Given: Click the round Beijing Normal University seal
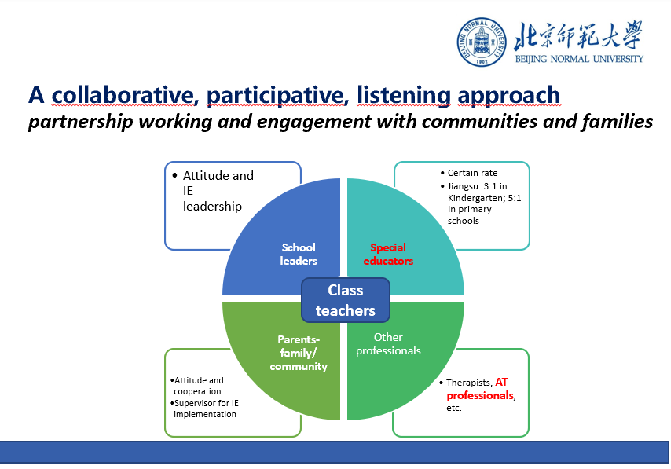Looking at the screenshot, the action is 482,42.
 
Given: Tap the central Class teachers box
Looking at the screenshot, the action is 346,300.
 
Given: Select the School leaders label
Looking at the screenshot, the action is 299,255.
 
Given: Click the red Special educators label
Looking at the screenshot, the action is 388,255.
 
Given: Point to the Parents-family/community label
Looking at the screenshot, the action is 299,353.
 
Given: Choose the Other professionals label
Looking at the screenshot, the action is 388,343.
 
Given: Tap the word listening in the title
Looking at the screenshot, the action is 404,96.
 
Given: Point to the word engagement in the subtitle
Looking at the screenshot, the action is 314,122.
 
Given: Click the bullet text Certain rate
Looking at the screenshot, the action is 472,173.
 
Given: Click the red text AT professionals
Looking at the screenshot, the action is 480,389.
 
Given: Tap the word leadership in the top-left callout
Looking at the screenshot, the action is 212,207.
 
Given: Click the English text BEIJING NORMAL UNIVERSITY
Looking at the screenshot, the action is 579,59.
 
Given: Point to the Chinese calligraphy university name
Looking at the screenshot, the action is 578,35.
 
